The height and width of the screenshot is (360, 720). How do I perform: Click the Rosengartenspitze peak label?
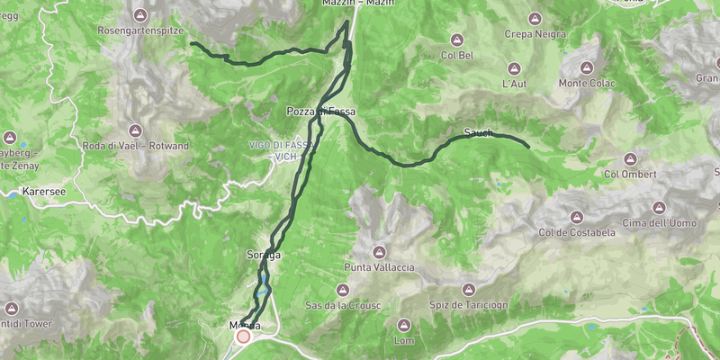click(x=141, y=29)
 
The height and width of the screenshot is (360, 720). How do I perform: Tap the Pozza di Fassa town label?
click(x=321, y=112)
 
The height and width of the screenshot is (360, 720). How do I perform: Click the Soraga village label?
click(x=264, y=256)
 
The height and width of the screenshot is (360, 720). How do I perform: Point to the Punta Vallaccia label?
click(x=379, y=267)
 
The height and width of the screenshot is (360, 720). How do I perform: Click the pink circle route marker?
click(x=243, y=336)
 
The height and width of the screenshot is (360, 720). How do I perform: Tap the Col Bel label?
click(x=457, y=55)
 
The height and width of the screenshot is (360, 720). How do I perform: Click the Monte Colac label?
click(x=586, y=84)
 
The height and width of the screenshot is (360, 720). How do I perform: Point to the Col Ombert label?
click(x=632, y=174)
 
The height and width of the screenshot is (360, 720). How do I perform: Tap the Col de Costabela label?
click(x=577, y=232)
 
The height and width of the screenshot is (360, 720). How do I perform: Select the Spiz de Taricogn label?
click(x=468, y=305)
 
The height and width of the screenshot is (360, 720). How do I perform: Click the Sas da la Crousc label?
click(x=343, y=305)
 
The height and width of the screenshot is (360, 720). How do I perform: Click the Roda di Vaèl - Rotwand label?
click(x=135, y=146)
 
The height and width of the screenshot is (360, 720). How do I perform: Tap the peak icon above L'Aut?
click(x=514, y=68)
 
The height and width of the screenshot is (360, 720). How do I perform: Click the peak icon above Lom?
click(x=404, y=325)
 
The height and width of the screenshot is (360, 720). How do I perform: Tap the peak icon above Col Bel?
click(x=457, y=40)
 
